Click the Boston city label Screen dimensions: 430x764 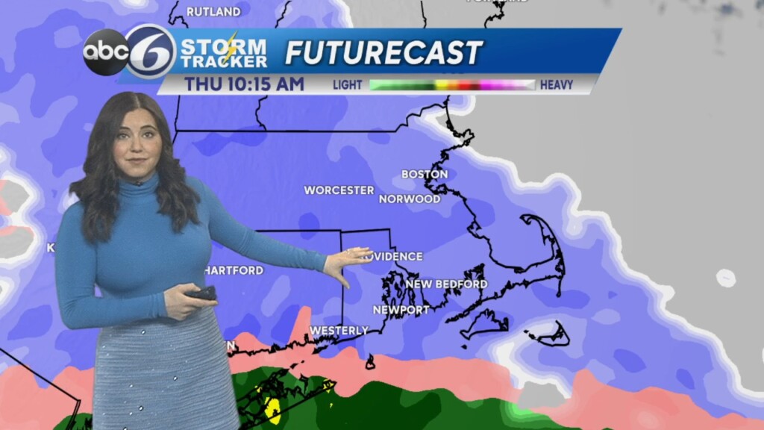(425, 174)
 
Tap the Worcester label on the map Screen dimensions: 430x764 (339, 190)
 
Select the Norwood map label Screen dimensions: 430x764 (410, 199)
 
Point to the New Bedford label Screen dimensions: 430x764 (446, 284)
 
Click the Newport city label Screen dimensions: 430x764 (401, 310)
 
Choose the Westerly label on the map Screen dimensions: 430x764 (339, 330)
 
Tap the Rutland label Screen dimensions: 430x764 (213, 11)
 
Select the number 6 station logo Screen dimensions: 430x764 (150, 51)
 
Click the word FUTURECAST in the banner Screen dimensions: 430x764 (383, 52)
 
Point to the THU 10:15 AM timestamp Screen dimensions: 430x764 (245, 84)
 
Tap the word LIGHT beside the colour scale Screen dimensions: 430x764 (347, 84)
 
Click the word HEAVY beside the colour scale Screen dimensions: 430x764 (556, 84)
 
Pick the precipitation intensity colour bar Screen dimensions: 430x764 (452, 84)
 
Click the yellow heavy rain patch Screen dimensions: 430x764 (272, 409)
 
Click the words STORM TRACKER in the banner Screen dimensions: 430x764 (224, 52)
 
